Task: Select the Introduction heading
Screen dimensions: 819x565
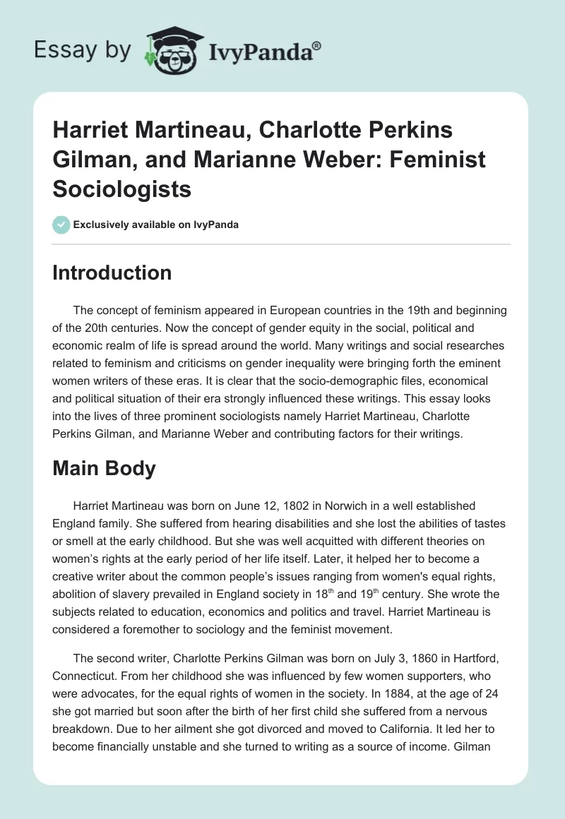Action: [x=112, y=273]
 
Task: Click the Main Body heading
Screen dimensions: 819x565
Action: [x=104, y=468]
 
